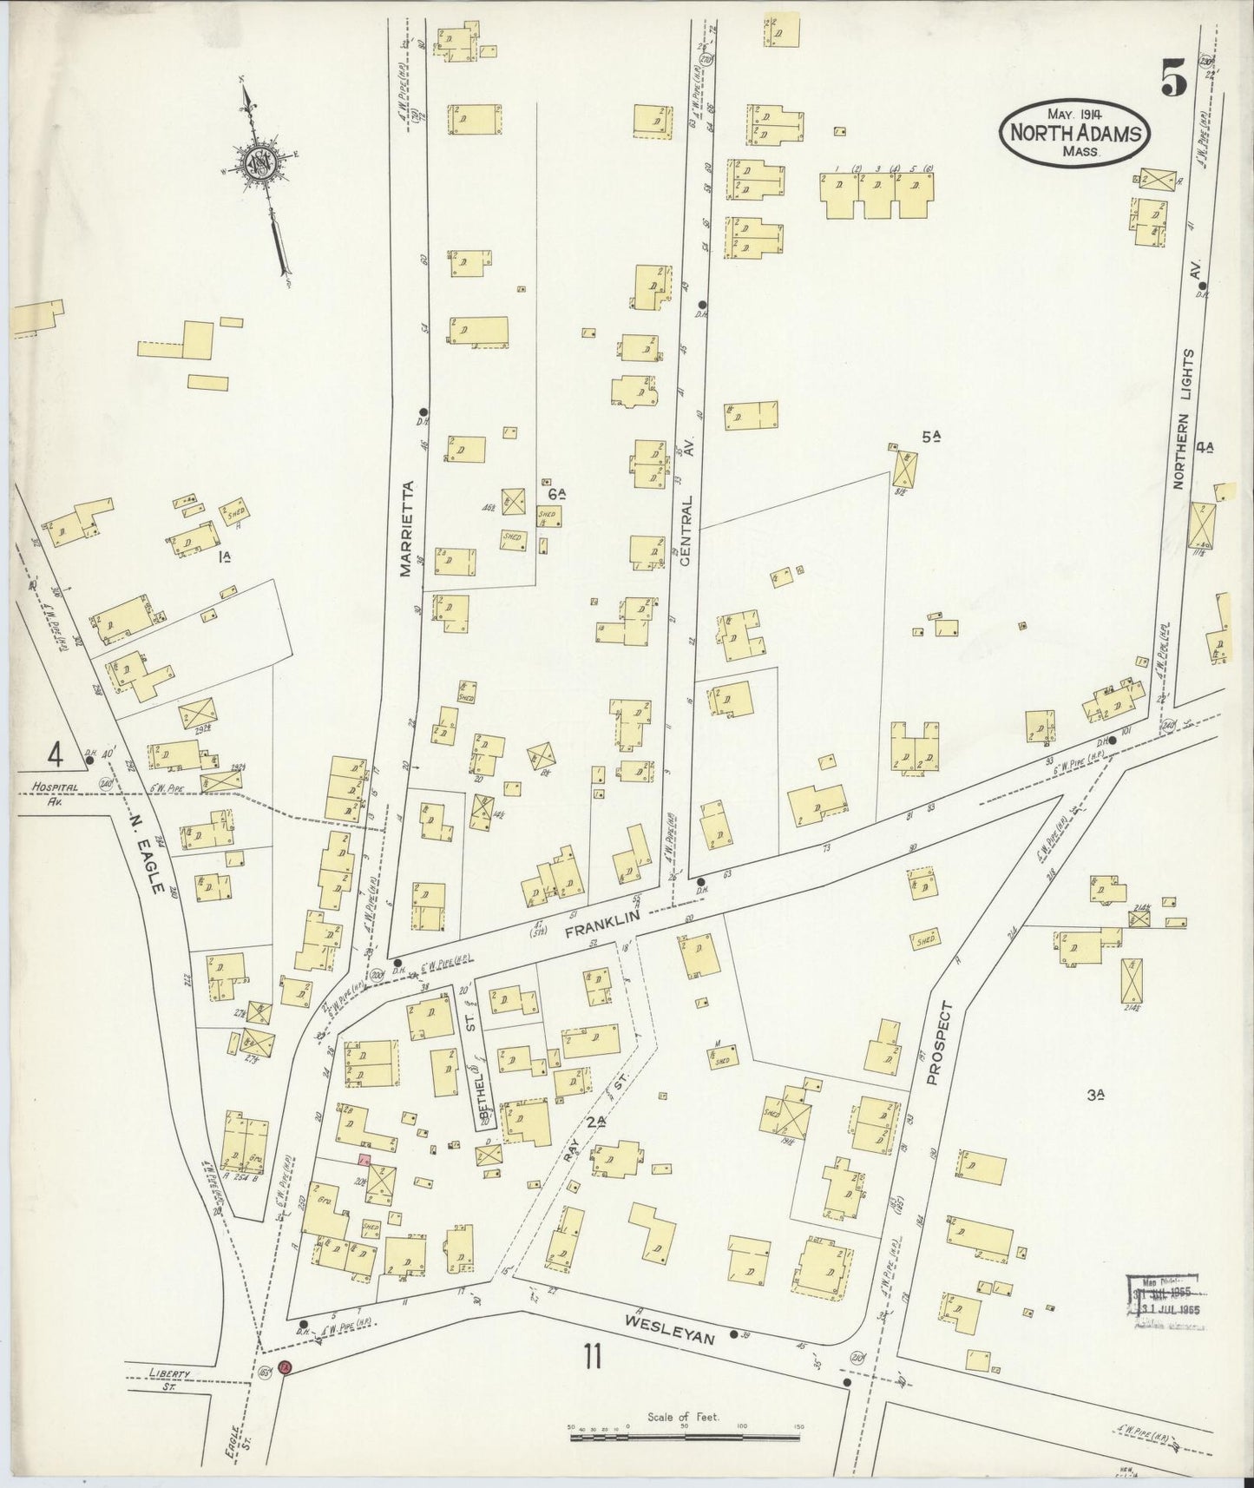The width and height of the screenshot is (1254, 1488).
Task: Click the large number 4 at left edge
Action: click(x=56, y=753)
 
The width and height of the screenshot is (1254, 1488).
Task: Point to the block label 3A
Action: click(x=1095, y=1096)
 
